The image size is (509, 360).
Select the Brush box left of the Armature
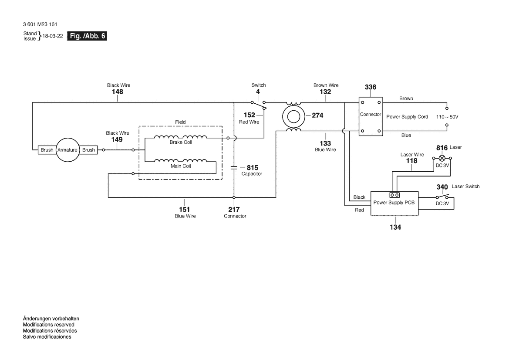point(47,150)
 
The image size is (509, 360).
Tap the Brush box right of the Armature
point(88,150)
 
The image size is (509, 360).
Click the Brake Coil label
point(181,143)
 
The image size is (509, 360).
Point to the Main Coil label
point(181,166)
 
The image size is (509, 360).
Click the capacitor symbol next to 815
point(234,168)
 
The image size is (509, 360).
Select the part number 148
point(118,92)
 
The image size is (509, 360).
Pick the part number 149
point(117,139)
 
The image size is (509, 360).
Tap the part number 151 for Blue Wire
point(184,210)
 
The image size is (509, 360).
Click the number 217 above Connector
point(234,210)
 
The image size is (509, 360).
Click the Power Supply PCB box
point(394,204)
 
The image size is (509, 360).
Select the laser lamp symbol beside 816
point(442,158)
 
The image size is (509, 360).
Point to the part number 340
point(442,187)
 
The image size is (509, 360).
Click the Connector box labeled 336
point(371,117)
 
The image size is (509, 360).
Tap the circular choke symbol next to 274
point(293,116)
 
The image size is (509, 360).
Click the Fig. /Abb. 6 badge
point(87,36)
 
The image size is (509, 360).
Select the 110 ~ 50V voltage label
point(447,117)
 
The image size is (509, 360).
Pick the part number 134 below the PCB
point(395,227)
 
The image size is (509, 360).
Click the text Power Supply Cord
point(407,117)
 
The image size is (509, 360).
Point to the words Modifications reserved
point(49,325)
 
